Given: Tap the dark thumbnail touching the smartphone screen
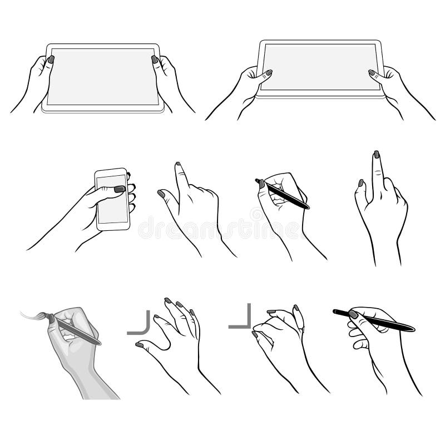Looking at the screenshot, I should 119,189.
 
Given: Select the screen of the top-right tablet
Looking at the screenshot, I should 320,67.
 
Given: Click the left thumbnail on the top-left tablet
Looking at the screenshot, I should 51,58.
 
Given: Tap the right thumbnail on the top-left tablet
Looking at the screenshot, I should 155,59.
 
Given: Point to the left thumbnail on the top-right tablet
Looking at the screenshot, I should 269,72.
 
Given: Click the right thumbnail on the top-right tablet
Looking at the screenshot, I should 372,72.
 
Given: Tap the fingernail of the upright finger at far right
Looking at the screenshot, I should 377,154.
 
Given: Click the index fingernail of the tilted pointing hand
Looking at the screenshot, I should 179,165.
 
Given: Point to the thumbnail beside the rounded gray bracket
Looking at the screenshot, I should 140,345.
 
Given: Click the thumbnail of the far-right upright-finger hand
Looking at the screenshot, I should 360,182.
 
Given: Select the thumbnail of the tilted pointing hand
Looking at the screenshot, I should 161,194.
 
